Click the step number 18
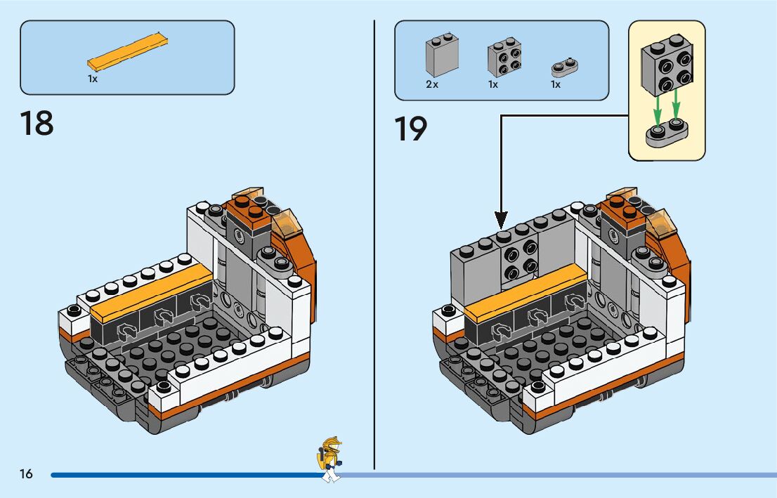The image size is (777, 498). (37, 124)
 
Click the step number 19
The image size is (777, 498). (411, 129)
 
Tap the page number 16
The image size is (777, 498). (26, 474)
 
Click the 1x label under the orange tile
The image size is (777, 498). (93, 79)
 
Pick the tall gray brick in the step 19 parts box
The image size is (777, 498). (440, 55)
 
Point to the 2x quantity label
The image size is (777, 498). (431, 84)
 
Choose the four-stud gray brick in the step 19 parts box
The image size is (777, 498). (503, 58)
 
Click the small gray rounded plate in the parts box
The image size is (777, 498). (565, 67)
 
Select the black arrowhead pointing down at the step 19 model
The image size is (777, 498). (501, 218)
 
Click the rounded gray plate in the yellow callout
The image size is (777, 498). (666, 133)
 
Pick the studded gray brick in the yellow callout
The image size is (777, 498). (667, 66)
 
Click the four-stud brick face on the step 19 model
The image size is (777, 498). (521, 260)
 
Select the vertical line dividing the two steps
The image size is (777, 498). (374, 246)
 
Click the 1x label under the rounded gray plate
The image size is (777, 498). (555, 84)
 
